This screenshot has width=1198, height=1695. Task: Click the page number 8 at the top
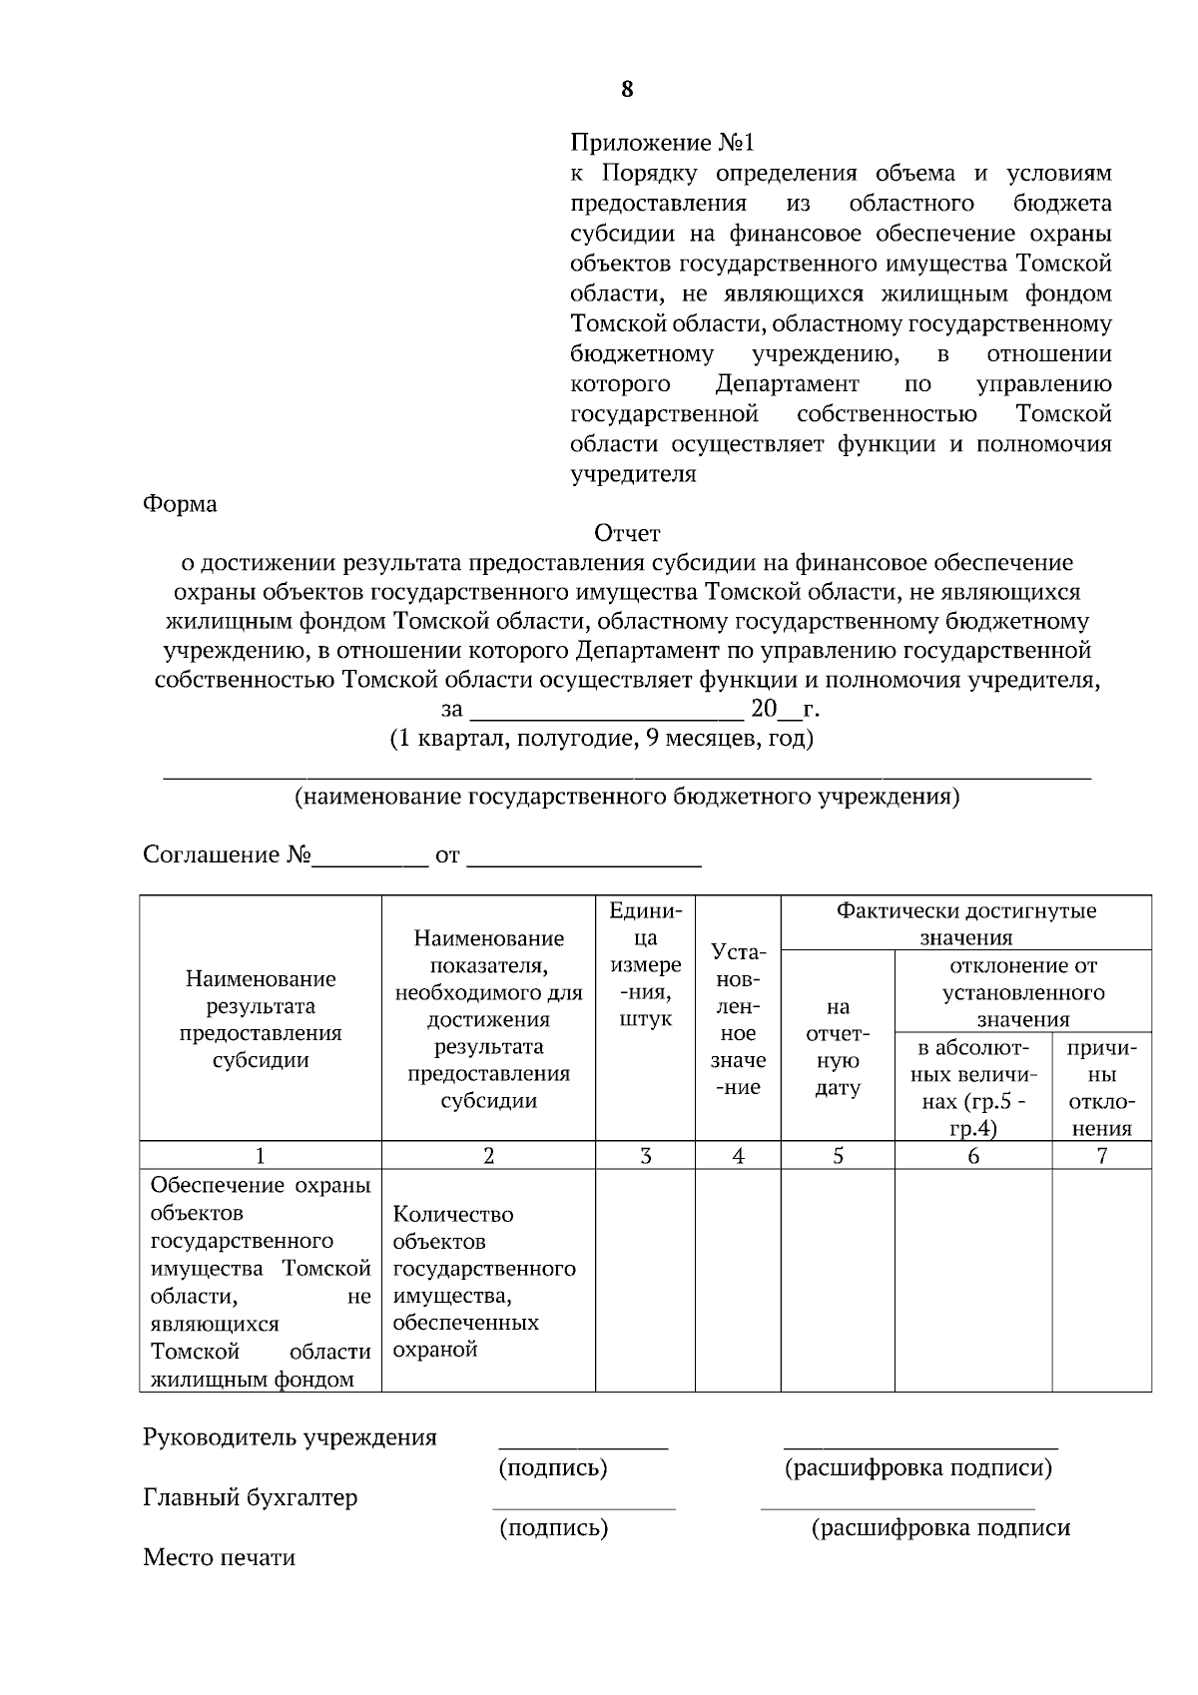pos(627,90)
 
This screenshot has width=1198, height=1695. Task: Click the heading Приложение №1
pos(662,142)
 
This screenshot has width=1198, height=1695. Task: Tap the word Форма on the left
pos(180,504)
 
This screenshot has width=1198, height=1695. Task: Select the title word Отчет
pos(627,534)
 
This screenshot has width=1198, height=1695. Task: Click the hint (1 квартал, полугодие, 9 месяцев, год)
pos(601,739)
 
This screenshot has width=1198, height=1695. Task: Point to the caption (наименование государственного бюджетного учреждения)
pos(627,797)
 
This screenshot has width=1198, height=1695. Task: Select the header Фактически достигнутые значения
pos(965,923)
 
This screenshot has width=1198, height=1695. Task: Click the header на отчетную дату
pos(838,1047)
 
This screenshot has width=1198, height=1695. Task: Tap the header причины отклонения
pos(1101,1088)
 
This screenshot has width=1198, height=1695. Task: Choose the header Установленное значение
pos(738,1019)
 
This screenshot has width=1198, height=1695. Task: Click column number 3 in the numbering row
pos(645,1156)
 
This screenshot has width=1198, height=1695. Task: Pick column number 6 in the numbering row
pos(973,1156)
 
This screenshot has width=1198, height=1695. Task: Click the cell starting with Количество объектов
pos(487,1281)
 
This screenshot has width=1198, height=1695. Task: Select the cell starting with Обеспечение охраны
pos(260,1281)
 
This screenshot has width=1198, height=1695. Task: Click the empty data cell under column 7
pos(1101,1281)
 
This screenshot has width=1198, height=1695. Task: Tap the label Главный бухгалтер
pos(250,1498)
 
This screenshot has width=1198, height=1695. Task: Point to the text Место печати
pos(219,1558)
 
